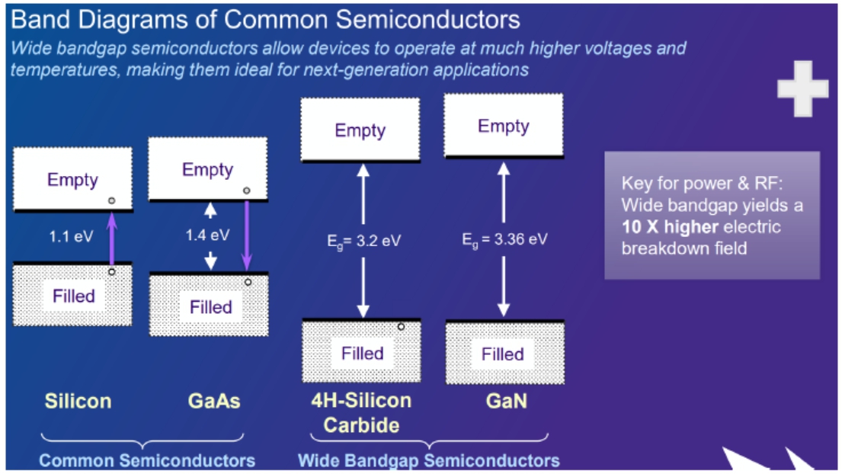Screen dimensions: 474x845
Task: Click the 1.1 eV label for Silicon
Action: pos(72,235)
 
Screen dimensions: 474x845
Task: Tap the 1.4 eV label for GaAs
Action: pos(207,235)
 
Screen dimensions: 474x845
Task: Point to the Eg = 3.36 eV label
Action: pos(504,239)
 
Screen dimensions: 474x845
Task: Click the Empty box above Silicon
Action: pos(72,180)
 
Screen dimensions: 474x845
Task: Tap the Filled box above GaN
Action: pos(504,353)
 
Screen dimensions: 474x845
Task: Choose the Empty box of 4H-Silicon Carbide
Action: pos(360,130)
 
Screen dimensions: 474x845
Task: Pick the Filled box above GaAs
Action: pos(210,306)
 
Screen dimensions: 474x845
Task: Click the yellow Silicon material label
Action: pos(78,401)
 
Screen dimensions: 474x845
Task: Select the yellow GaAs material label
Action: pos(213,401)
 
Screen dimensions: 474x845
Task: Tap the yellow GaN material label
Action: pos(506,401)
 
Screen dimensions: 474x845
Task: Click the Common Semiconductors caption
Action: pos(147,460)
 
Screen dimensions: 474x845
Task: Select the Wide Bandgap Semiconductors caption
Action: pos(428,460)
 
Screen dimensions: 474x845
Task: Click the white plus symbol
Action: pos(802,89)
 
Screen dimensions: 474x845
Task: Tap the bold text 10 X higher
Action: pos(670,227)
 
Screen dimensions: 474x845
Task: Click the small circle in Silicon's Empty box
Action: pos(111,200)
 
